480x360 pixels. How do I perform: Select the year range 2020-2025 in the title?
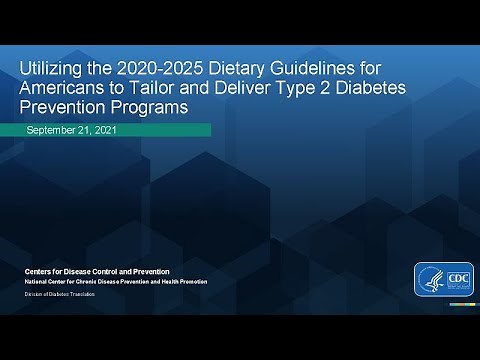click(x=161, y=69)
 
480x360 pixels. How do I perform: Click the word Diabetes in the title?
click(x=372, y=88)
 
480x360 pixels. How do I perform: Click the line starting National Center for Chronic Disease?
click(x=116, y=282)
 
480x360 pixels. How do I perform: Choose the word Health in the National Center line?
click(x=170, y=282)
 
